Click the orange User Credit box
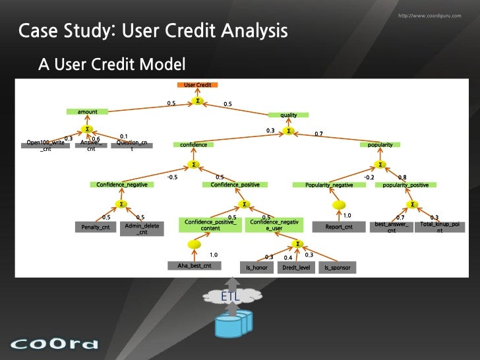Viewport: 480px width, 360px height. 198,86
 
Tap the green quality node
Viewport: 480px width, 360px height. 288,115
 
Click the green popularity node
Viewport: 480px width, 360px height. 380,144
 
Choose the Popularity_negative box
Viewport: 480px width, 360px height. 330,185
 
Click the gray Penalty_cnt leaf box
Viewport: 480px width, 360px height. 96,227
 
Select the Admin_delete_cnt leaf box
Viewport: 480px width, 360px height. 142,228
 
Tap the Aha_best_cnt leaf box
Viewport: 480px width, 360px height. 194,266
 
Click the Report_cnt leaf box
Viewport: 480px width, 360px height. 339,227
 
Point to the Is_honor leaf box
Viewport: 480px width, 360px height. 255,268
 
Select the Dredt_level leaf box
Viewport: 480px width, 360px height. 295,268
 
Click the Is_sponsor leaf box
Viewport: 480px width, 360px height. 336,268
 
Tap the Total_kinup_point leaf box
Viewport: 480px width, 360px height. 440,227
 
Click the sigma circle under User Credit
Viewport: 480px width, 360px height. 198,101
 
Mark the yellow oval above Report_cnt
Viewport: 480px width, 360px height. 340,204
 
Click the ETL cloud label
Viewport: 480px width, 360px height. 230,297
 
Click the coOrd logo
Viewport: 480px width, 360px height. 54,344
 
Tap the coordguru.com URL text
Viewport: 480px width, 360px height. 430,15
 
